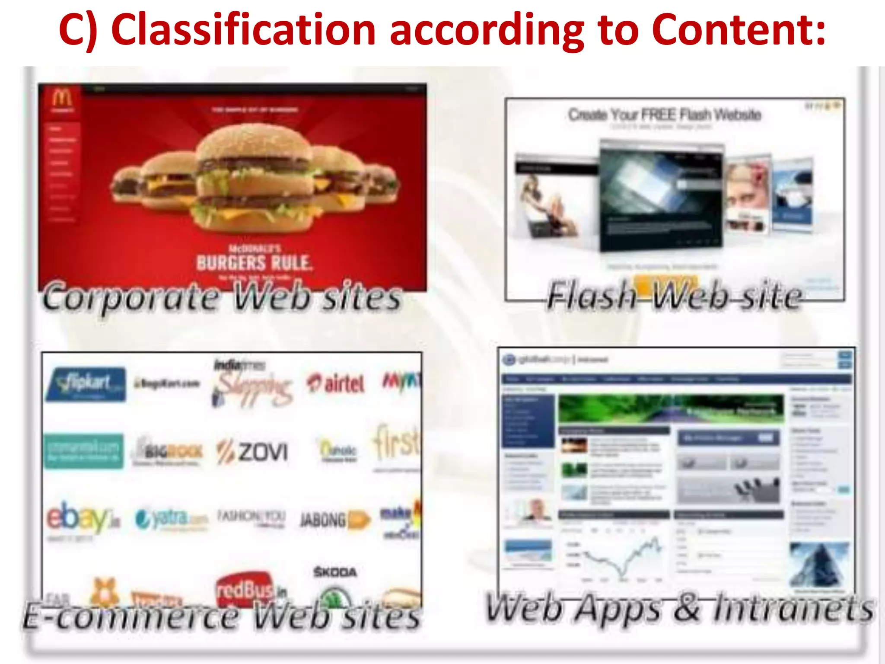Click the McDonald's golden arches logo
[x=62, y=99]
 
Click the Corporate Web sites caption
[x=222, y=297]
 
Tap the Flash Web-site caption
[x=674, y=296]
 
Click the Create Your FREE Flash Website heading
[x=664, y=115]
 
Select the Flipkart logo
[x=86, y=384]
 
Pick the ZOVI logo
[x=253, y=452]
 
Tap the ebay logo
[x=82, y=518]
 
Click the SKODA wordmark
[x=335, y=572]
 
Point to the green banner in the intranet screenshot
[x=671, y=408]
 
